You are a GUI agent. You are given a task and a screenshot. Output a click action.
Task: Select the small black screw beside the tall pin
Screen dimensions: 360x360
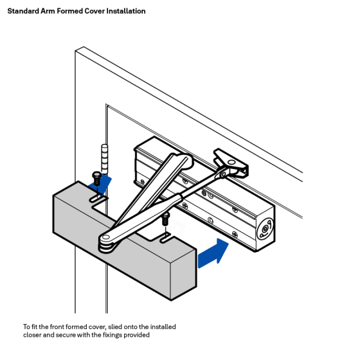point(96,176)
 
